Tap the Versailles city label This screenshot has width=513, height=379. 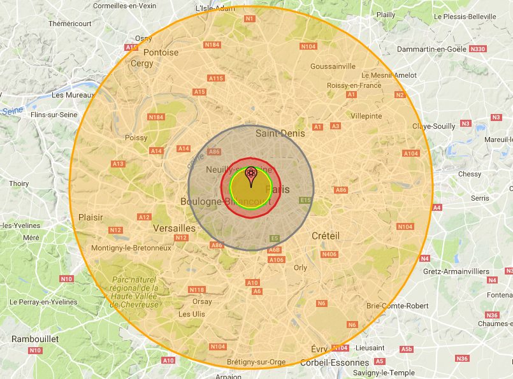click(174, 227)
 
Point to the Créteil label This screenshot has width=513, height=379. click(326, 236)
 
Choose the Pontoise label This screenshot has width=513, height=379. click(161, 52)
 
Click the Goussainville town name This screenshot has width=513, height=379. click(333, 66)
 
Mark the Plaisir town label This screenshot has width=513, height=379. click(90, 217)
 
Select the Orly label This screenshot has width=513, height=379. click(300, 268)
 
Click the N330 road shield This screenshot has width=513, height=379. click(477, 49)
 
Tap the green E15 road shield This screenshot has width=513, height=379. click(306, 200)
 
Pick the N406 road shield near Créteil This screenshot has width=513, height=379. click(329, 254)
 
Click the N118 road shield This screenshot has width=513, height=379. click(198, 290)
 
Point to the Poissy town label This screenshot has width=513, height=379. click(136, 137)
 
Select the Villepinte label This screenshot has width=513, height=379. click(366, 116)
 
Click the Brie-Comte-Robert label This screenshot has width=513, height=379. click(398, 306)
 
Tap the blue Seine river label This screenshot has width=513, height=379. click(12, 111)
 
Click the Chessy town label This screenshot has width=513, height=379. click(468, 173)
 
